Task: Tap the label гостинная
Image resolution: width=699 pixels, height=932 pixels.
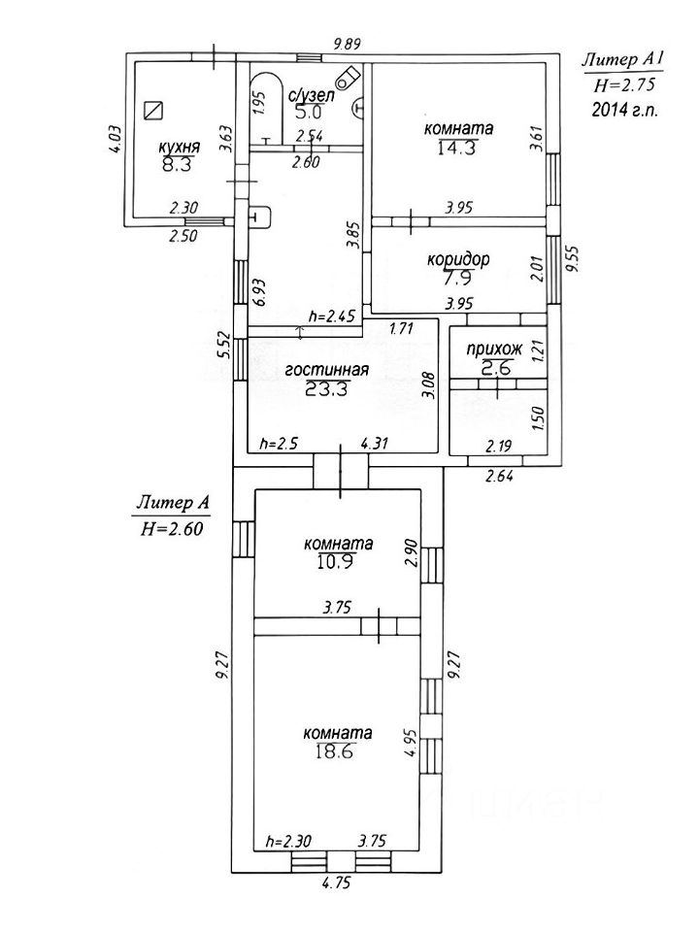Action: click(327, 369)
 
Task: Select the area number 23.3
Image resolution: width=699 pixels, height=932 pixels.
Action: click(327, 388)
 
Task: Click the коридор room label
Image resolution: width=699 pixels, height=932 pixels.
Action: click(457, 260)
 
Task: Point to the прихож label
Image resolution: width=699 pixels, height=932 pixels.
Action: click(494, 349)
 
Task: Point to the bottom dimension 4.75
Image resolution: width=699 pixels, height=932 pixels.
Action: click(335, 884)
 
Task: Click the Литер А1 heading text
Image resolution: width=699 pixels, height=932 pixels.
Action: click(621, 60)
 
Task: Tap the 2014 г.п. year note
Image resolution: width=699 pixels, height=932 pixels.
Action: click(624, 111)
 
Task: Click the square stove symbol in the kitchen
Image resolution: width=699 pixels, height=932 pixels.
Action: click(151, 109)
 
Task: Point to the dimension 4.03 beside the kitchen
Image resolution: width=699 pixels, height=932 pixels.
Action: click(114, 141)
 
